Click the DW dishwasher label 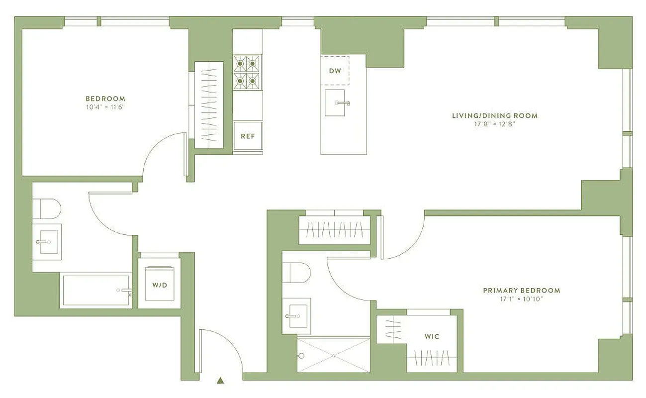335,71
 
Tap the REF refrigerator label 248,136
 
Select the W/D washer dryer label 160,286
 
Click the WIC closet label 432,337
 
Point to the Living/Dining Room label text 494,116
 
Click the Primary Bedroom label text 521,291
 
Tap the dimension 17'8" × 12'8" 494,124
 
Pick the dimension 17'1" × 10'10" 521,299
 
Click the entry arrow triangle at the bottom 220,381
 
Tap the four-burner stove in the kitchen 248,72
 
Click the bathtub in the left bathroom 96,290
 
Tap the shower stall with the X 333,355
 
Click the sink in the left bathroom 48,242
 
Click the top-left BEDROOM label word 105,99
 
